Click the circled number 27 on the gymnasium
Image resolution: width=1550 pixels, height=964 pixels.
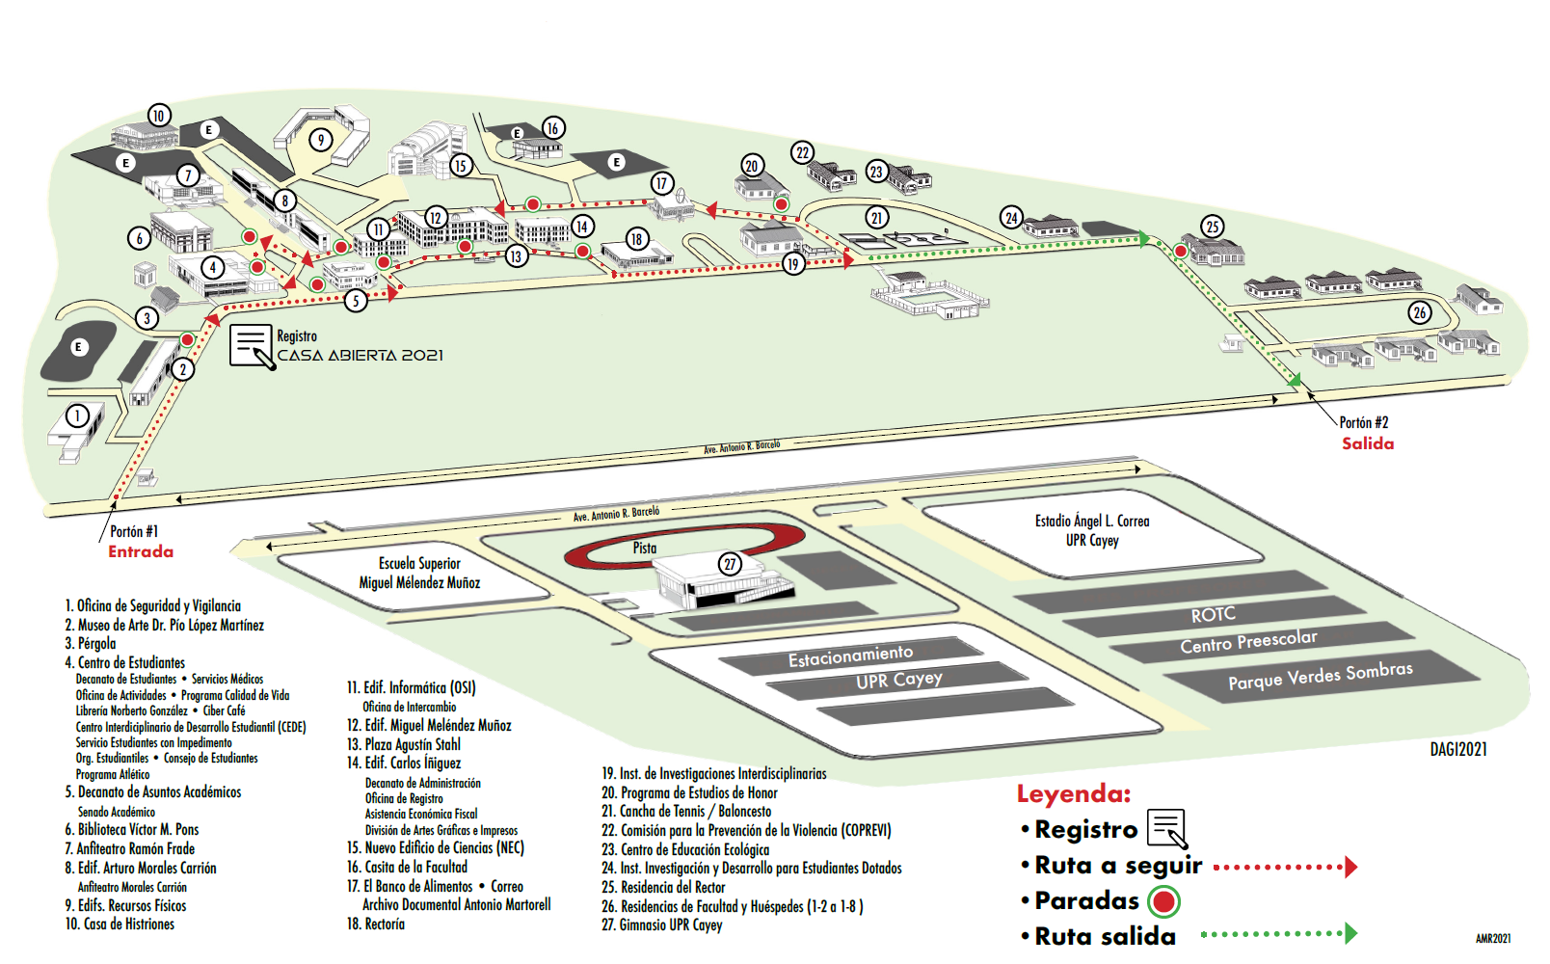pyautogui.click(x=730, y=564)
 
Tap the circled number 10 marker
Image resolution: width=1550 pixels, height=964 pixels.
pyautogui.click(x=159, y=116)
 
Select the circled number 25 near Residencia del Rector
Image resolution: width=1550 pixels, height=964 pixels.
pyautogui.click(x=1213, y=227)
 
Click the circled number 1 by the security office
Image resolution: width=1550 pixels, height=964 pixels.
pyautogui.click(x=77, y=415)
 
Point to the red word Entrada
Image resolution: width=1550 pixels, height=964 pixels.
pyautogui.click(x=141, y=551)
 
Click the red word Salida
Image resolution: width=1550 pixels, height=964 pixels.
pyautogui.click(x=1368, y=443)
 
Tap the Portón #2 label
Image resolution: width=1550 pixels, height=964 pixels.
pyautogui.click(x=1363, y=422)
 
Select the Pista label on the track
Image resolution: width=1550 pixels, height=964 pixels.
pyautogui.click(x=645, y=548)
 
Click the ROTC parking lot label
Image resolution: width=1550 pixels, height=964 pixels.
pyautogui.click(x=1213, y=615)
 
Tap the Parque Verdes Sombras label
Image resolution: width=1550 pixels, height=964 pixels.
pyautogui.click(x=1320, y=676)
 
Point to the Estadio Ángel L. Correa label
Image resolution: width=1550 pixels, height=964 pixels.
pyautogui.click(x=1092, y=530)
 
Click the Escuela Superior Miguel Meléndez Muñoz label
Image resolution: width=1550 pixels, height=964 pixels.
pyautogui.click(x=419, y=573)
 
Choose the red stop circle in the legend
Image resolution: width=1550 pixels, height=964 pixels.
pyautogui.click(x=1164, y=901)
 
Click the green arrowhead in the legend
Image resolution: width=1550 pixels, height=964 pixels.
pyautogui.click(x=1350, y=933)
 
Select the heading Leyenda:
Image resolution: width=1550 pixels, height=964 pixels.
pyautogui.click(x=1073, y=794)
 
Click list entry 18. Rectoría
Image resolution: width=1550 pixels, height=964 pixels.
pyautogui.click(x=376, y=924)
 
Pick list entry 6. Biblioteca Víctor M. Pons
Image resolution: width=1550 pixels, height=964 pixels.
pyautogui.click(x=132, y=829)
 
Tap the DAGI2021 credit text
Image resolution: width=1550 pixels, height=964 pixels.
pyautogui.click(x=1457, y=749)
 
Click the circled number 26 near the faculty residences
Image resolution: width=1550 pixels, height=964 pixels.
pyautogui.click(x=1419, y=312)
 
